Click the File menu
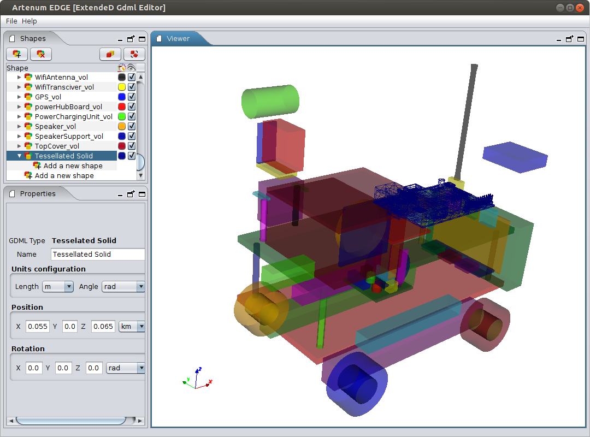pyautogui.click(x=11, y=21)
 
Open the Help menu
pyautogui.click(x=29, y=21)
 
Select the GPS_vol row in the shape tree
pyautogui.click(x=48, y=97)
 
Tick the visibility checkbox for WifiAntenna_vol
pyautogui.click(x=132, y=77)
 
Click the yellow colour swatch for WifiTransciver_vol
pyautogui.click(x=121, y=87)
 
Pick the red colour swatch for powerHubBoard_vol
pyautogui.click(x=121, y=107)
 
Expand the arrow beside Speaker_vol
pyautogui.click(x=19, y=127)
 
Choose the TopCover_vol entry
pyautogui.click(x=57, y=146)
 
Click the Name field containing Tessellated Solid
pyautogui.click(x=97, y=255)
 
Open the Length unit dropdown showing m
pyautogui.click(x=58, y=286)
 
